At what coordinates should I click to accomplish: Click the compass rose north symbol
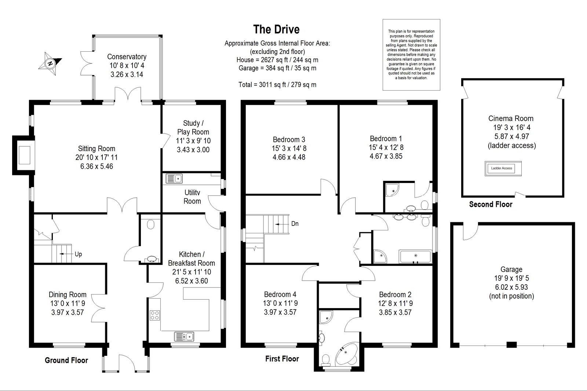50,63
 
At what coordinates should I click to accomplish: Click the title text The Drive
276,29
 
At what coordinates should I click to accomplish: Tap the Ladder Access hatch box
503,168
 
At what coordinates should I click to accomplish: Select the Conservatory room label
127,56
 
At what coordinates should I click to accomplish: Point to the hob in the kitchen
154,315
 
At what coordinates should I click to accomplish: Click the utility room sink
174,179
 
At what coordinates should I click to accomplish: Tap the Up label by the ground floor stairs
79,254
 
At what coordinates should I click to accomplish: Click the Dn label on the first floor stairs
295,223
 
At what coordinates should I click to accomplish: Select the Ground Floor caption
66,360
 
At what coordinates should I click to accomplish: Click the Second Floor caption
491,204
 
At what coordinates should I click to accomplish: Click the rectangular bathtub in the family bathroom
415,256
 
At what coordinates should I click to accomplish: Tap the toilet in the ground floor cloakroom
151,224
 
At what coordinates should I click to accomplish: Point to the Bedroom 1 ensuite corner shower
392,190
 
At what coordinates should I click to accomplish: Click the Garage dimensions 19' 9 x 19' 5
511,278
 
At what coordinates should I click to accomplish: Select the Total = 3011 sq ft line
277,85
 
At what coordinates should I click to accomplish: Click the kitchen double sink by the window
184,336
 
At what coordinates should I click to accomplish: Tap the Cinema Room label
511,118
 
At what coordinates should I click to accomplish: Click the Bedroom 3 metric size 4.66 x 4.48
289,157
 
